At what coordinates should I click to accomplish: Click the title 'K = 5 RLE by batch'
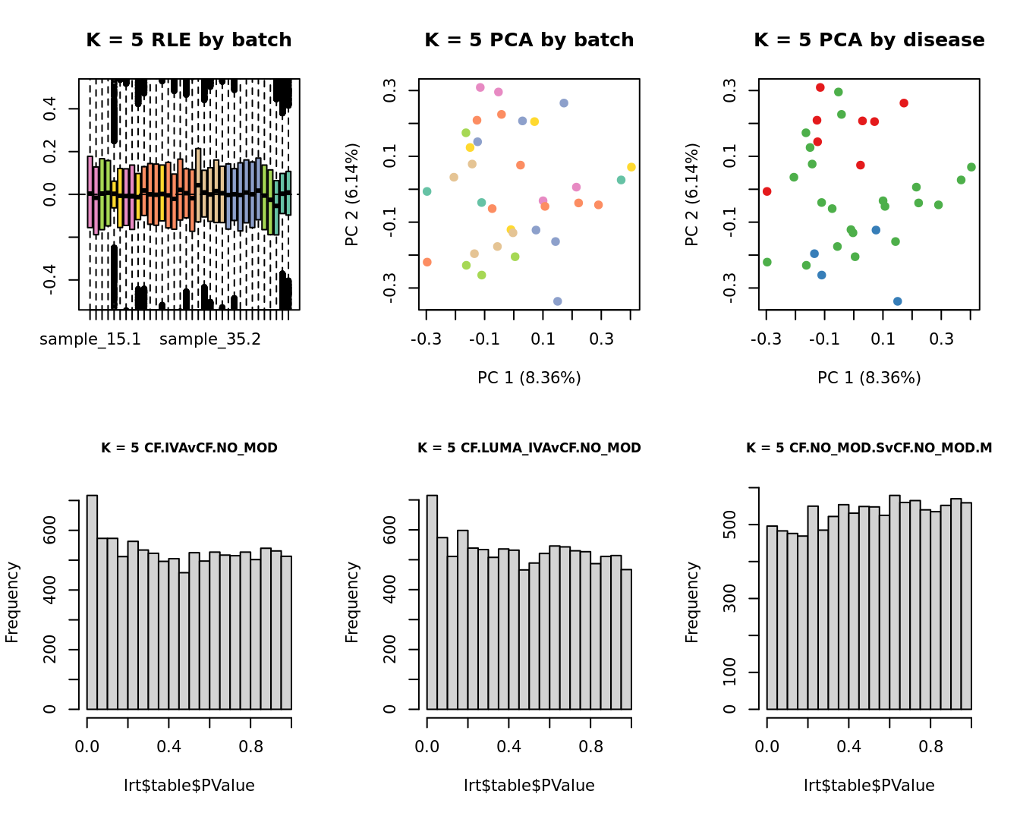click(188, 40)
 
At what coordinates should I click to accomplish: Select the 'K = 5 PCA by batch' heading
click(529, 40)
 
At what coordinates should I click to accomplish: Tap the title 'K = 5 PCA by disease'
click(869, 40)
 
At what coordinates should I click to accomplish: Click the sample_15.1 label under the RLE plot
click(90, 339)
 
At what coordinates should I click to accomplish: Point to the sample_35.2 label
click(210, 339)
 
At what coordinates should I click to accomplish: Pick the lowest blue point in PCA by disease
click(897, 301)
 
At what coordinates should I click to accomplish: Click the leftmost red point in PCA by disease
click(767, 191)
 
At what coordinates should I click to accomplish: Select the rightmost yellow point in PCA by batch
click(631, 167)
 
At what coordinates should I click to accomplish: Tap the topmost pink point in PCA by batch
click(480, 87)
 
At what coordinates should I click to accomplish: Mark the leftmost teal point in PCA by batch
click(427, 191)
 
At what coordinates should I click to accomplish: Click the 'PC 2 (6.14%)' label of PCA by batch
click(352, 194)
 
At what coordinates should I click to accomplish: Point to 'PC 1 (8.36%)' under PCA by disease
click(869, 378)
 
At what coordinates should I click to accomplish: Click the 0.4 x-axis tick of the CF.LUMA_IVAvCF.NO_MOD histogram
click(508, 747)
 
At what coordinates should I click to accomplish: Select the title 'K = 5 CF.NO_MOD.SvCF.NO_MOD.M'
click(869, 448)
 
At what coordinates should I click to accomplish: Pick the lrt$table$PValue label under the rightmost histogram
click(869, 786)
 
